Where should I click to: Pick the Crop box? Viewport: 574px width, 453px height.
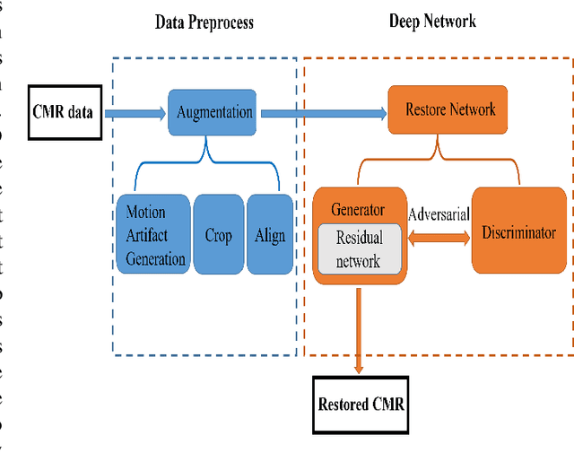click(218, 235)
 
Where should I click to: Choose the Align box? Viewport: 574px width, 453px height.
click(269, 235)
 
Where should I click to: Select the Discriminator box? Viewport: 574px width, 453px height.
click(519, 232)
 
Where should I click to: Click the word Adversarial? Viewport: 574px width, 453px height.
click(439, 215)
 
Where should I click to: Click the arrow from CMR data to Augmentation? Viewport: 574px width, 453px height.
click(135, 114)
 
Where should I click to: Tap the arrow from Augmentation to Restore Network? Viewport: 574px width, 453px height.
click(324, 113)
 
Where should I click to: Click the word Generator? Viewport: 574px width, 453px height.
click(359, 209)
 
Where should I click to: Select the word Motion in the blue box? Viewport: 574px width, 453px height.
click(145, 213)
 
